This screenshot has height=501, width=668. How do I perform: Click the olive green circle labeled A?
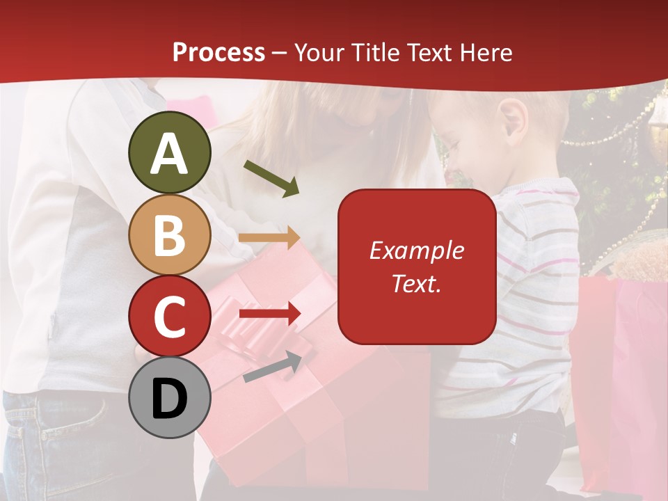click(x=169, y=153)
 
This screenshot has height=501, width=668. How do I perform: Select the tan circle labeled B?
click(x=169, y=234)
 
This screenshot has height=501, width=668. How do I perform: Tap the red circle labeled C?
click(x=169, y=316)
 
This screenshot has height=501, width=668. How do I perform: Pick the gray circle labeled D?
click(x=169, y=397)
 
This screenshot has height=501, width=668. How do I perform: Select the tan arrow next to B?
click(x=269, y=238)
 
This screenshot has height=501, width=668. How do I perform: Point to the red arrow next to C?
click(x=270, y=314)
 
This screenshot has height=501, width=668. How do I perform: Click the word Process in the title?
click(x=218, y=53)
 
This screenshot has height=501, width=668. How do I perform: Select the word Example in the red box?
click(x=416, y=250)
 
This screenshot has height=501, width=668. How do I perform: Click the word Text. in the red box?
click(x=416, y=283)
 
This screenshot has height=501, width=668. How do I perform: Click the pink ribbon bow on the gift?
click(x=244, y=334)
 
